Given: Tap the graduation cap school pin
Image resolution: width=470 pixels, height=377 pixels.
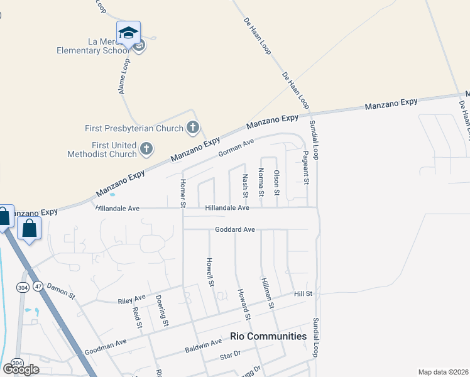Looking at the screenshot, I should pos(128,32).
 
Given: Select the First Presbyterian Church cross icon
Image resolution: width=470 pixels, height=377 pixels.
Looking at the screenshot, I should pos(193,128).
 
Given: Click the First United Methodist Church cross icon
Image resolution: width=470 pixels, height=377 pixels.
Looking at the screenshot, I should pos(146,149).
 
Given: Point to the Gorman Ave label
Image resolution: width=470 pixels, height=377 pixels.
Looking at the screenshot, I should pos(235,149).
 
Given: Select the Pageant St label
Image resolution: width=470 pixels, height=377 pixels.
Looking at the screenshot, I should pos(306,168).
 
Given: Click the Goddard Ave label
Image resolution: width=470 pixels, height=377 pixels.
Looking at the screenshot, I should pos(234,230).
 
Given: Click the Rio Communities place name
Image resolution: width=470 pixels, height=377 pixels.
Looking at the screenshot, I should pos(268,336).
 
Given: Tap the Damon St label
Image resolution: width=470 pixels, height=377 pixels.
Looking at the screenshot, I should pos(60,290).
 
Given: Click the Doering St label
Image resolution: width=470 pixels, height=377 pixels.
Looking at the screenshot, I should pos(162,310).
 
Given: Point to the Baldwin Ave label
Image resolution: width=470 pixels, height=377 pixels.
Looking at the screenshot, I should pos(204,346).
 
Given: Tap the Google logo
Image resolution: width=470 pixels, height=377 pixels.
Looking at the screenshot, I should pos(21,369).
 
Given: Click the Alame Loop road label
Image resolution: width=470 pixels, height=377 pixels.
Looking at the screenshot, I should pos(124,76).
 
